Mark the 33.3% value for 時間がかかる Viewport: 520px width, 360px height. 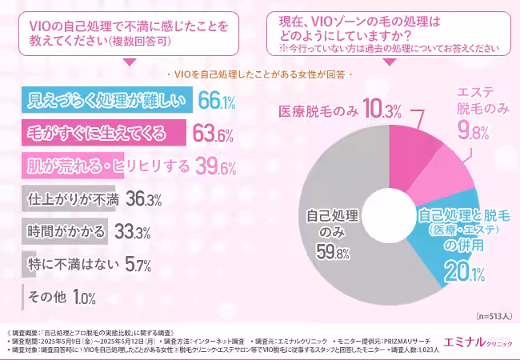coord(134,232)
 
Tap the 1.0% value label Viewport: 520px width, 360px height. coord(84,298)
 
